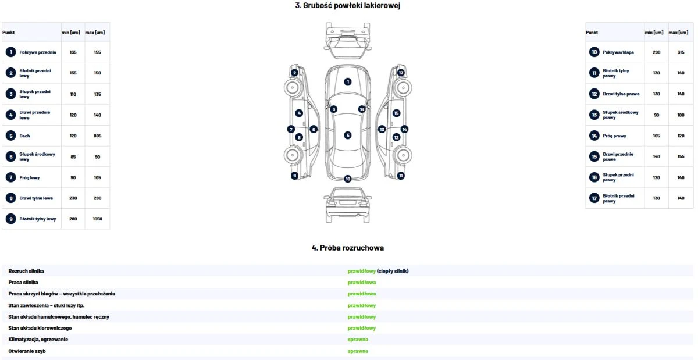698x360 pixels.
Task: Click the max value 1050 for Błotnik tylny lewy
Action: click(97, 219)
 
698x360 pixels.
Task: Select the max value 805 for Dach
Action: click(98, 136)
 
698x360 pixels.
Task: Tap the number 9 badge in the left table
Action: click(11, 219)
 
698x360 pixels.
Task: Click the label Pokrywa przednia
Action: click(38, 52)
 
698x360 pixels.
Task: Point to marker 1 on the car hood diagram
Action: click(348, 81)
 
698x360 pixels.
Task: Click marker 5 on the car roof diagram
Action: click(348, 135)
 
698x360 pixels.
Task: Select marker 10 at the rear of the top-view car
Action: click(348, 179)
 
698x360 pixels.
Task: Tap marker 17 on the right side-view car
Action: click(401, 73)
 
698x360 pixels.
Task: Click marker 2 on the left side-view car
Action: click(294, 73)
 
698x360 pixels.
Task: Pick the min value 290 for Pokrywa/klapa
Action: click(656, 52)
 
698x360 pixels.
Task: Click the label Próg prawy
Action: click(614, 136)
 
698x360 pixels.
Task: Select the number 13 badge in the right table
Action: click(594, 115)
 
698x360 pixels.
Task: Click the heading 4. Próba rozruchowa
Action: click(348, 248)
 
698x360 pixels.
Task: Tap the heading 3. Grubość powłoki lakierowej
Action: click(348, 5)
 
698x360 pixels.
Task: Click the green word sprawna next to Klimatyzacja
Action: click(358, 340)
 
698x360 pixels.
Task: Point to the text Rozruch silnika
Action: click(26, 271)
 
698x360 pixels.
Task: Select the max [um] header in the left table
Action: click(95, 33)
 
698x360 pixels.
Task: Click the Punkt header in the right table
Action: click(592, 33)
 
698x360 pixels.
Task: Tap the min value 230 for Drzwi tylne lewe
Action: click(73, 198)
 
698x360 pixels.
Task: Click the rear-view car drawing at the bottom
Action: click(348, 205)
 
